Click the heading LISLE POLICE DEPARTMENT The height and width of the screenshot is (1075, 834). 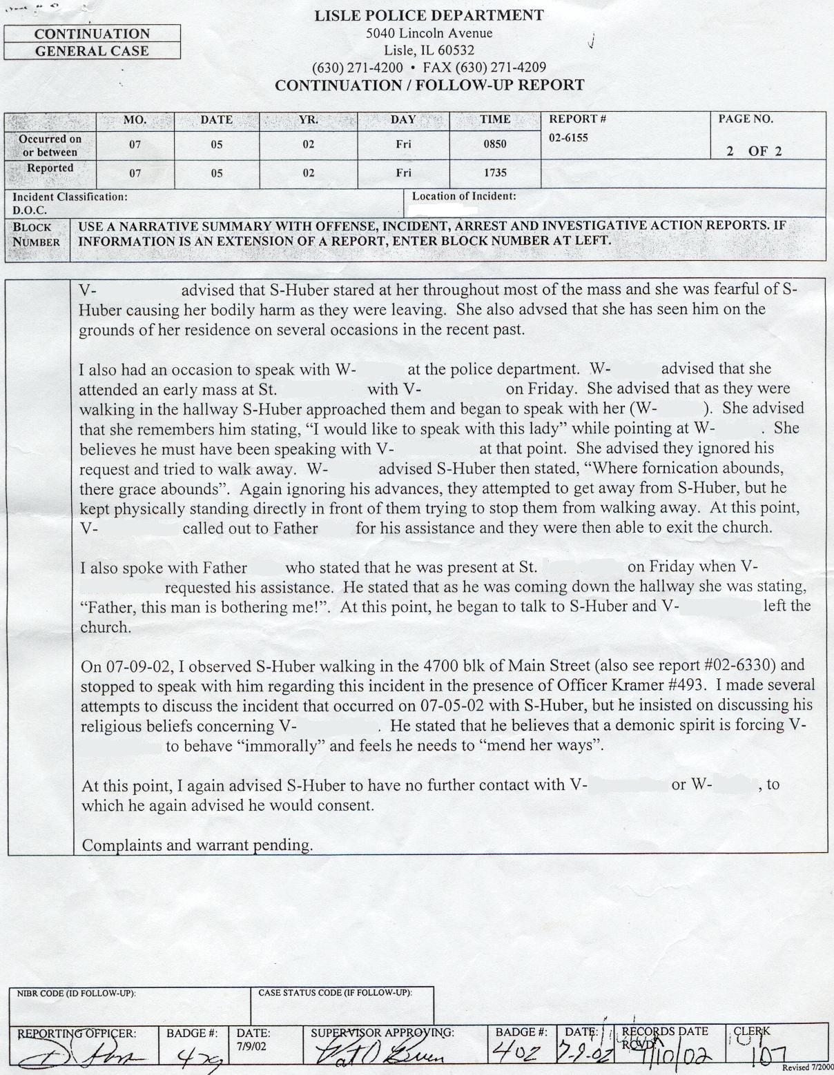click(429, 16)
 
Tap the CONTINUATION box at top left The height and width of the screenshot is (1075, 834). click(92, 34)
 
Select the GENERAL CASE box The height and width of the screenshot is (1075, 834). click(92, 51)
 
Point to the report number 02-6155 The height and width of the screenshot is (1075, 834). click(568, 138)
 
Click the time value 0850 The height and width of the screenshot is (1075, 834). click(494, 144)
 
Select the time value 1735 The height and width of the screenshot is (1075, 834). click(494, 173)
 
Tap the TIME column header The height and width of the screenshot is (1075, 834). click(494, 119)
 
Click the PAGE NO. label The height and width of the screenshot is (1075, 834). click(746, 119)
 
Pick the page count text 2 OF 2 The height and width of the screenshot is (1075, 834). click(754, 152)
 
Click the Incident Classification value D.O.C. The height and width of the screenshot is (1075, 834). click(30, 211)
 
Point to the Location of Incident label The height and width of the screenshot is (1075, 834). click(464, 197)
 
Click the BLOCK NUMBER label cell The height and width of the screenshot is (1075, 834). click(37, 235)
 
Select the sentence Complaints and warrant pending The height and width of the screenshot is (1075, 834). click(197, 845)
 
